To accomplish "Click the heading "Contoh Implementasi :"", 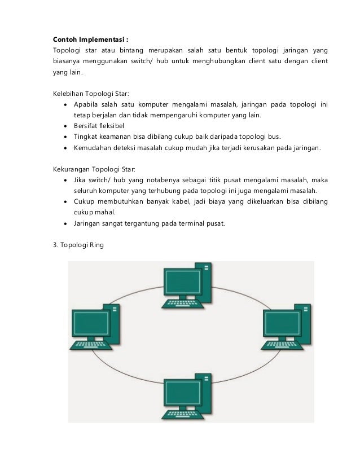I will coord(91,39).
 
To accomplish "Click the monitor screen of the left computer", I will coord(90,326).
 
